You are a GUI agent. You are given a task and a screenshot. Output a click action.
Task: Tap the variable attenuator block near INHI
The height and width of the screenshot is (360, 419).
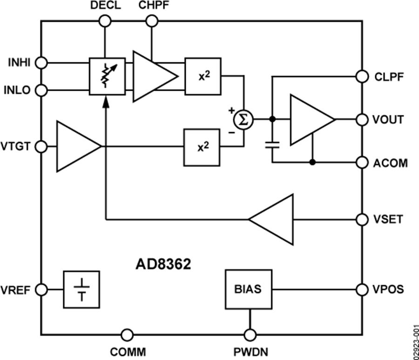(107, 76)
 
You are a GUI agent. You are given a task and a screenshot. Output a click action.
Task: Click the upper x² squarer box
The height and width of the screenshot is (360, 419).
(203, 76)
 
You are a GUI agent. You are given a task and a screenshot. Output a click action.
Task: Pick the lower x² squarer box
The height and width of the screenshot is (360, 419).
(202, 147)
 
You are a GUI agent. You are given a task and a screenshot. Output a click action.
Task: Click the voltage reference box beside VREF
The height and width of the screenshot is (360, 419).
(82, 289)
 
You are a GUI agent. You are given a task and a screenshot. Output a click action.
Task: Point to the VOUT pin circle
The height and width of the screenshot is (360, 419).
(362, 120)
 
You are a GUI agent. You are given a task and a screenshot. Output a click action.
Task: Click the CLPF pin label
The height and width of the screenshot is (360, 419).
(387, 76)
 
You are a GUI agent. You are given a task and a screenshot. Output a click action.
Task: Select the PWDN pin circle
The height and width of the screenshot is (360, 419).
(250, 334)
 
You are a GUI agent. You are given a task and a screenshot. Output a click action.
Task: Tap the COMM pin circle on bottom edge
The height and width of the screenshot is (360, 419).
(127, 334)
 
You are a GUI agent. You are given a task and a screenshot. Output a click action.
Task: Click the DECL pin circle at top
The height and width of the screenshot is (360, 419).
(105, 20)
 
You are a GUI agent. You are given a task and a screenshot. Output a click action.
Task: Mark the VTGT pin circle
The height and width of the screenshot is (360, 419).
(41, 147)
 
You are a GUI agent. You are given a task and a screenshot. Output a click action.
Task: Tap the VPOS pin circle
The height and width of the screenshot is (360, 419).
(362, 289)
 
